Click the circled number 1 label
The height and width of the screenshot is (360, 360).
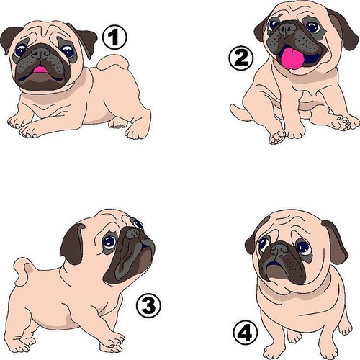114,37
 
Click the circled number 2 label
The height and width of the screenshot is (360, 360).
240,58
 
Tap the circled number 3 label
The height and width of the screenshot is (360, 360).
148,306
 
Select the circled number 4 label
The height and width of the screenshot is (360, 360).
246,333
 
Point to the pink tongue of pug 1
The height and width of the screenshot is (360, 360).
40,70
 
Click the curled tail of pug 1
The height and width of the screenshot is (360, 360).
113,63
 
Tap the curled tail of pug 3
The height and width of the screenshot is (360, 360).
24,272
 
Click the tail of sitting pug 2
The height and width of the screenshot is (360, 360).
240,112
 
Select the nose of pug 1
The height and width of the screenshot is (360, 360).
41,53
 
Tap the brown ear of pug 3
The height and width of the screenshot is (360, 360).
72,243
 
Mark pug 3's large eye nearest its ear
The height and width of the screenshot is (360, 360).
109,242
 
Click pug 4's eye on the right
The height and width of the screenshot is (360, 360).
304,248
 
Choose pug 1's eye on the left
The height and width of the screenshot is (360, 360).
20,50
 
